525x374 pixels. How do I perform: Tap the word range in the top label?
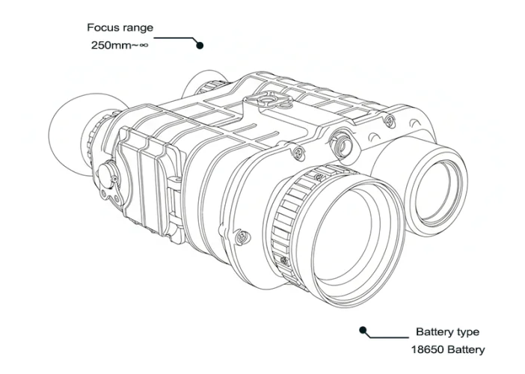(x=137, y=28)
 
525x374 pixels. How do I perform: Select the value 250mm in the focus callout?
(x=110, y=45)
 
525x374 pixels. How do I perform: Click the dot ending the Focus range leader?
(x=200, y=45)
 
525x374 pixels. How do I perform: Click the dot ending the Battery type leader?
(x=363, y=330)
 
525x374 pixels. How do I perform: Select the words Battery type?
(x=447, y=332)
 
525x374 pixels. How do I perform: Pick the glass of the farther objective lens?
(x=437, y=191)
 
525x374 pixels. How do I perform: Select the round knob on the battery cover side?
(x=107, y=174)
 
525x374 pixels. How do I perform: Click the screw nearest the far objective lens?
(x=389, y=120)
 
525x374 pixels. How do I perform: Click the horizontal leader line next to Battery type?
(x=388, y=337)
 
